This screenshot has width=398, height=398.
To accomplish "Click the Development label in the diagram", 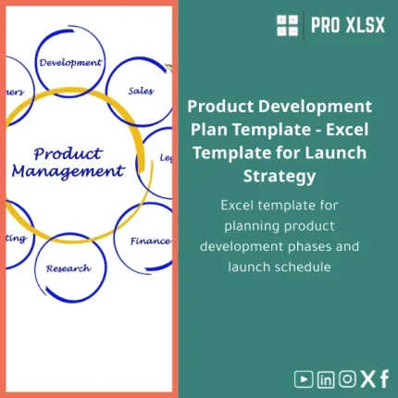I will point(69,63).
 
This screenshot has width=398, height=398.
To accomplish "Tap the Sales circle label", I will point(141,91).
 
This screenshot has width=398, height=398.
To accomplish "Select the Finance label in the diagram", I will point(149,242).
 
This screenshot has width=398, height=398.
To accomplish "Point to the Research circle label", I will point(68,268).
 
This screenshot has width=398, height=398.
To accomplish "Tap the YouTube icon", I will point(303,378).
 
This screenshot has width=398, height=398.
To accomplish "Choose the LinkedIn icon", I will point(325,378).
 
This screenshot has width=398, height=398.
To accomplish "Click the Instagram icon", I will point(347,378).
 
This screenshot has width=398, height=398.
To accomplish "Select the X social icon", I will point(367,378).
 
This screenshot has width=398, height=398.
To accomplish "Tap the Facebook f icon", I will point(383,378).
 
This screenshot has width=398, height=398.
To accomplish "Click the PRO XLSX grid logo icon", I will point(287,25).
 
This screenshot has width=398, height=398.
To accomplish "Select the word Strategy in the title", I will point(280,174).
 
